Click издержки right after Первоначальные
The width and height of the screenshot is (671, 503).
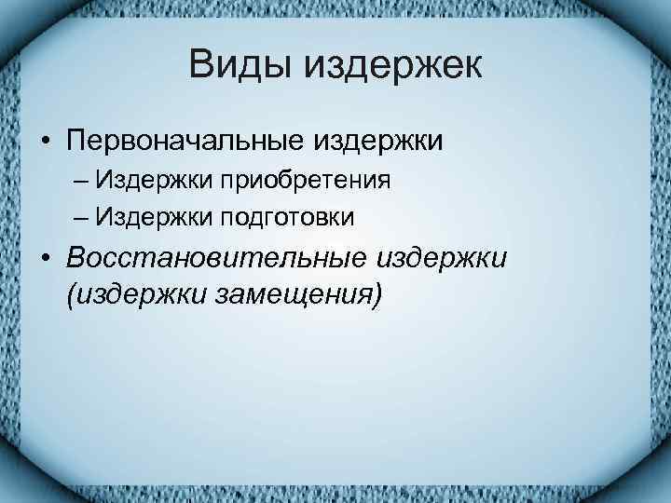coord(381,142)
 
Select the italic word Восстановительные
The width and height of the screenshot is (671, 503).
coord(213,257)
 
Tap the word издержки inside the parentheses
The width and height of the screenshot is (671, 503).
coord(137,295)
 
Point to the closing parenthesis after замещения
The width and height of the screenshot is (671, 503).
coord(377,296)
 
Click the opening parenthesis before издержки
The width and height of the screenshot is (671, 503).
coord(71,296)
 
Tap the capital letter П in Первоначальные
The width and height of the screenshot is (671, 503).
coord(75,142)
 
